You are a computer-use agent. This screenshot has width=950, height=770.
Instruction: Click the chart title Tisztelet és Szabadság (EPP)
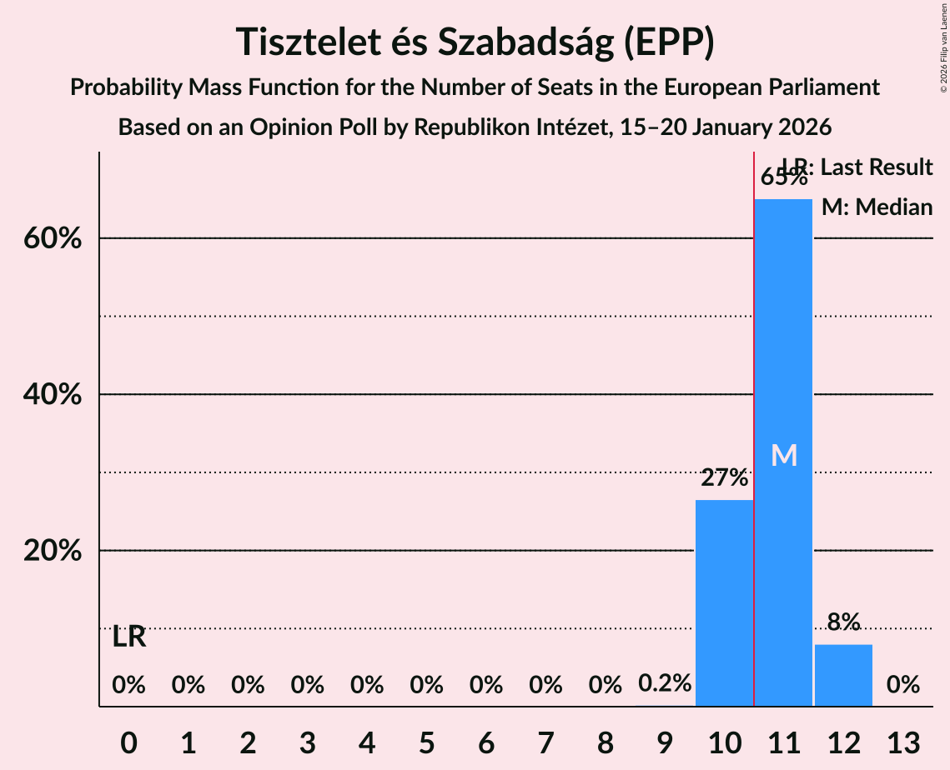point(475,42)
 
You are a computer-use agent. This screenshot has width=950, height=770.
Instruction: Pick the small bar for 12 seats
point(843,675)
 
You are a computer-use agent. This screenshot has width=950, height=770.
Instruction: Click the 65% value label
point(783,177)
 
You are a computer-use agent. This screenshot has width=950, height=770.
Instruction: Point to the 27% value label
point(724,478)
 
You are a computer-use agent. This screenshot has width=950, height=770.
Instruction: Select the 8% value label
point(843,622)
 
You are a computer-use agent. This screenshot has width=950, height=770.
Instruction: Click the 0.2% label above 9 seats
point(665,683)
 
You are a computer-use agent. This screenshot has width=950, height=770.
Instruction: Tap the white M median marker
point(783,455)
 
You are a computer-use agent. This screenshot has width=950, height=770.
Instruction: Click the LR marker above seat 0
point(129,637)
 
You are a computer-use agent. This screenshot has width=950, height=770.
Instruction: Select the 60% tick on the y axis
point(53,239)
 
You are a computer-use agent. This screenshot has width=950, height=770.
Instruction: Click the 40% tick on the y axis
point(53,395)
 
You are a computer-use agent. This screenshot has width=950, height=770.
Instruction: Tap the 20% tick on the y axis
point(53,552)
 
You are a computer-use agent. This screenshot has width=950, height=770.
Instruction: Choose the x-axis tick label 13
point(902,742)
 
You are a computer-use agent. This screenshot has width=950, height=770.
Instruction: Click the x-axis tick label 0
point(128,742)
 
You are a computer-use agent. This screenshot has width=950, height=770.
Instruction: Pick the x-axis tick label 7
point(545,742)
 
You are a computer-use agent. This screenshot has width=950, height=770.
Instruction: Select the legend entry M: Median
point(877,207)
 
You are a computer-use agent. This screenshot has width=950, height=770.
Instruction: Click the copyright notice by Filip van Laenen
point(943,50)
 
